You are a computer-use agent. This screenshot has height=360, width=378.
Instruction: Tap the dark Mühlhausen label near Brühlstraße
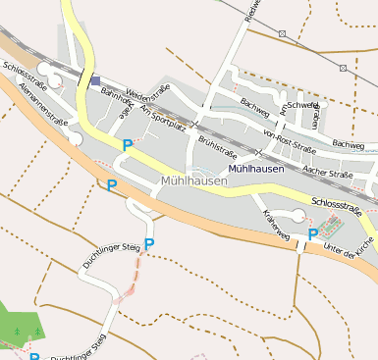[255, 169]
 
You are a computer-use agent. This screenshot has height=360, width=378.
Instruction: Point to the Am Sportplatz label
[163, 117]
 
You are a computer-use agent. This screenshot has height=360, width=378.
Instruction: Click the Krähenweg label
[275, 225]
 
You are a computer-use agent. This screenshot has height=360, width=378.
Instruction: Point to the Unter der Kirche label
[349, 240]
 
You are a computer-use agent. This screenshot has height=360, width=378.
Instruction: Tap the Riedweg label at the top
[252, 11]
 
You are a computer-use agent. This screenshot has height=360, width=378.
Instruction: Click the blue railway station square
[95, 81]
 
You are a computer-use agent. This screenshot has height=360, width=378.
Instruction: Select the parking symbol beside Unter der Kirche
[313, 233]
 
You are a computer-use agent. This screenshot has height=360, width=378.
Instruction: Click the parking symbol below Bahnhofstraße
[127, 144]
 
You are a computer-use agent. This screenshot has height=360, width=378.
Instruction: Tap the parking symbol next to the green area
[33, 356]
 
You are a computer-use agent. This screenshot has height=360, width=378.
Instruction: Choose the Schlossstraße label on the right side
[337, 206]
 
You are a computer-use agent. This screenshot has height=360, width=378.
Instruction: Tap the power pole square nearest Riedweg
[283, 33]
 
